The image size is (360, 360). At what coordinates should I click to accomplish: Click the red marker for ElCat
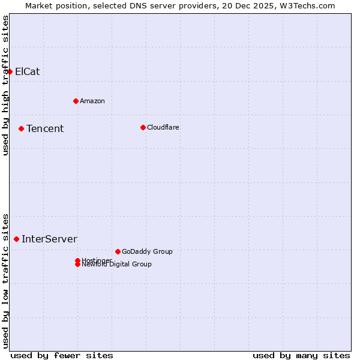pyautogui.click(x=10, y=71)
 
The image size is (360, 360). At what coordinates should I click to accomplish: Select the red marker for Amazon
pyautogui.click(x=76, y=101)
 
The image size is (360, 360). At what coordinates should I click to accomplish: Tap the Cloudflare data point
pyautogui.click(x=143, y=127)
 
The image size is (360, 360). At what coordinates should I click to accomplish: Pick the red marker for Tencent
pyautogui.click(x=21, y=128)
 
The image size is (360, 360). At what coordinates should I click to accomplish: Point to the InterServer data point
pyautogui.click(x=16, y=239)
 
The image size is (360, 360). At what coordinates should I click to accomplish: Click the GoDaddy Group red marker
pyautogui.click(x=118, y=251)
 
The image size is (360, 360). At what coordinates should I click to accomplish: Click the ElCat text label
pyautogui.click(x=28, y=71)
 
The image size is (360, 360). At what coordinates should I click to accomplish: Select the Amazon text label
pyautogui.click(x=92, y=101)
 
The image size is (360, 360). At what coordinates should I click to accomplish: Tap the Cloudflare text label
pyautogui.click(x=163, y=127)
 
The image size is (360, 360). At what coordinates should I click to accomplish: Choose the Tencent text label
pyautogui.click(x=45, y=128)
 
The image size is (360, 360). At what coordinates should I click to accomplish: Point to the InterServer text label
pyautogui.click(x=50, y=239)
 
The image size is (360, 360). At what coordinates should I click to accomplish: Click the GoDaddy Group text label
pyautogui.click(x=147, y=251)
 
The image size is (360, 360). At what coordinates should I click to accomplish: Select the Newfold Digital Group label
pyautogui.click(x=117, y=265)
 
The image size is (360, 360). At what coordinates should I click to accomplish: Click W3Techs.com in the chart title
pyautogui.click(x=308, y=6)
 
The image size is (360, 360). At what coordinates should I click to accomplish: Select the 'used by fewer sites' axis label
pyautogui.click(x=62, y=355)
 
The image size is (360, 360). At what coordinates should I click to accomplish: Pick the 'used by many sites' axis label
pyautogui.click(x=301, y=355)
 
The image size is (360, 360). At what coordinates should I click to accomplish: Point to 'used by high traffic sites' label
pyautogui.click(x=6, y=86)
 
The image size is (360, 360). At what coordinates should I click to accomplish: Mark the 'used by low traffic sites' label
pyautogui.click(x=6, y=280)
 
